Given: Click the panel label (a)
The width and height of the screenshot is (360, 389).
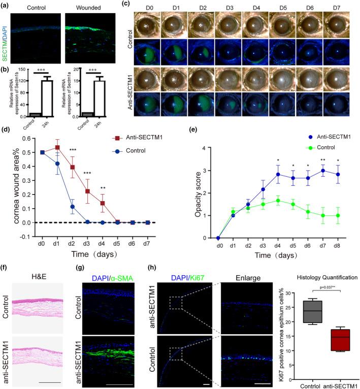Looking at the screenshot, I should [x=6, y=5].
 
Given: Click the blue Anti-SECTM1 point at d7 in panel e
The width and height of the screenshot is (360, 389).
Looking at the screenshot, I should [x=323, y=171].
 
